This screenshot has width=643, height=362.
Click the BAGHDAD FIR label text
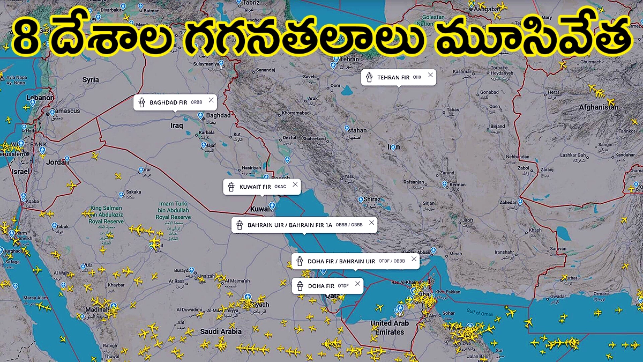(x=168, y=102)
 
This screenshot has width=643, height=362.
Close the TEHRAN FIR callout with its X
(x=430, y=75)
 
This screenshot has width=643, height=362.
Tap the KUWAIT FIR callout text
(x=255, y=187)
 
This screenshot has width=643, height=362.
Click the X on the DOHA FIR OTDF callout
(x=357, y=284)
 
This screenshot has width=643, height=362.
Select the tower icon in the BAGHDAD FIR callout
(x=141, y=102)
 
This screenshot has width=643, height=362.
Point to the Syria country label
(x=91, y=80)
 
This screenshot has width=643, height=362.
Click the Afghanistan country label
(x=599, y=107)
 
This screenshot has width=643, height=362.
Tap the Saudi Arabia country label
(x=221, y=332)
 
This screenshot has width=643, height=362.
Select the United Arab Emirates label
(x=390, y=328)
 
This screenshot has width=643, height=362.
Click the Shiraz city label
(x=372, y=200)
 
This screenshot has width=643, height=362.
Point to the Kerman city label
(x=458, y=184)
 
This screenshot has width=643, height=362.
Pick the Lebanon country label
(x=41, y=98)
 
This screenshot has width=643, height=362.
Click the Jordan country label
(x=57, y=162)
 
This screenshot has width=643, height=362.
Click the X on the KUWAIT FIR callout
(x=294, y=184)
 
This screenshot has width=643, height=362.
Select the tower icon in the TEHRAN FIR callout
(x=369, y=77)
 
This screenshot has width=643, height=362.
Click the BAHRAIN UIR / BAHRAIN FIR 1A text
(x=290, y=225)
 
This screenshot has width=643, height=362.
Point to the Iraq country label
(x=176, y=125)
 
